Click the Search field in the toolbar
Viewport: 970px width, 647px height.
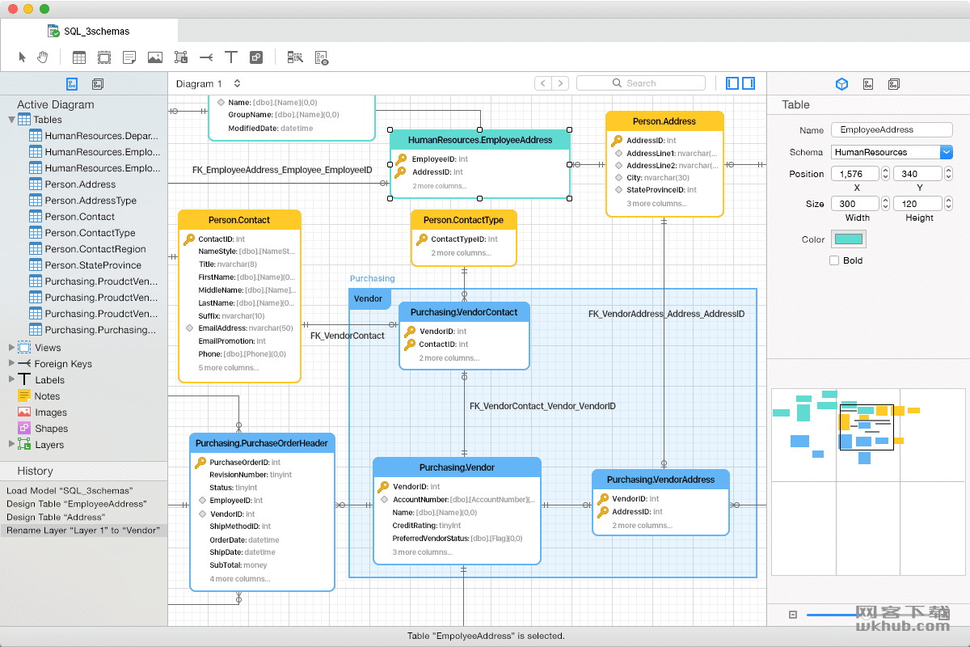(x=641, y=82)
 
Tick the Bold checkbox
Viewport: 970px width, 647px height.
(x=834, y=260)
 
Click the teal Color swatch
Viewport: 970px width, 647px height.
(x=848, y=239)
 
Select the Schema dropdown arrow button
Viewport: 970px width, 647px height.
(x=947, y=152)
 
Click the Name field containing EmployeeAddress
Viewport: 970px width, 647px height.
(x=892, y=129)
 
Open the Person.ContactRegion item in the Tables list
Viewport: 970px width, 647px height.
(x=95, y=249)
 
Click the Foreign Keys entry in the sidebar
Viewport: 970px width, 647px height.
(x=63, y=364)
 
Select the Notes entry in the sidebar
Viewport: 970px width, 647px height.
(x=47, y=396)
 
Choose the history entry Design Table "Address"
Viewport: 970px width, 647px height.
(x=56, y=517)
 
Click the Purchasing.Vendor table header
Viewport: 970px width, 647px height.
(x=457, y=467)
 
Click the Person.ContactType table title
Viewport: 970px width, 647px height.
(x=463, y=220)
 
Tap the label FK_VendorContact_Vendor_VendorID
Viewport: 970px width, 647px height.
(x=542, y=406)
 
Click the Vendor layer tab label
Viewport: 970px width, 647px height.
(x=368, y=298)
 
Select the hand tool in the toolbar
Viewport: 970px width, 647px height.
(x=42, y=57)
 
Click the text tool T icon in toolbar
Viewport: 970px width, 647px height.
(x=231, y=57)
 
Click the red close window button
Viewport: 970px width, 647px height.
(x=13, y=9)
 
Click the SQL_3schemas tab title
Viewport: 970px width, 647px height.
(x=96, y=32)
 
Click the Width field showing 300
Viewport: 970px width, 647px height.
(x=855, y=204)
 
